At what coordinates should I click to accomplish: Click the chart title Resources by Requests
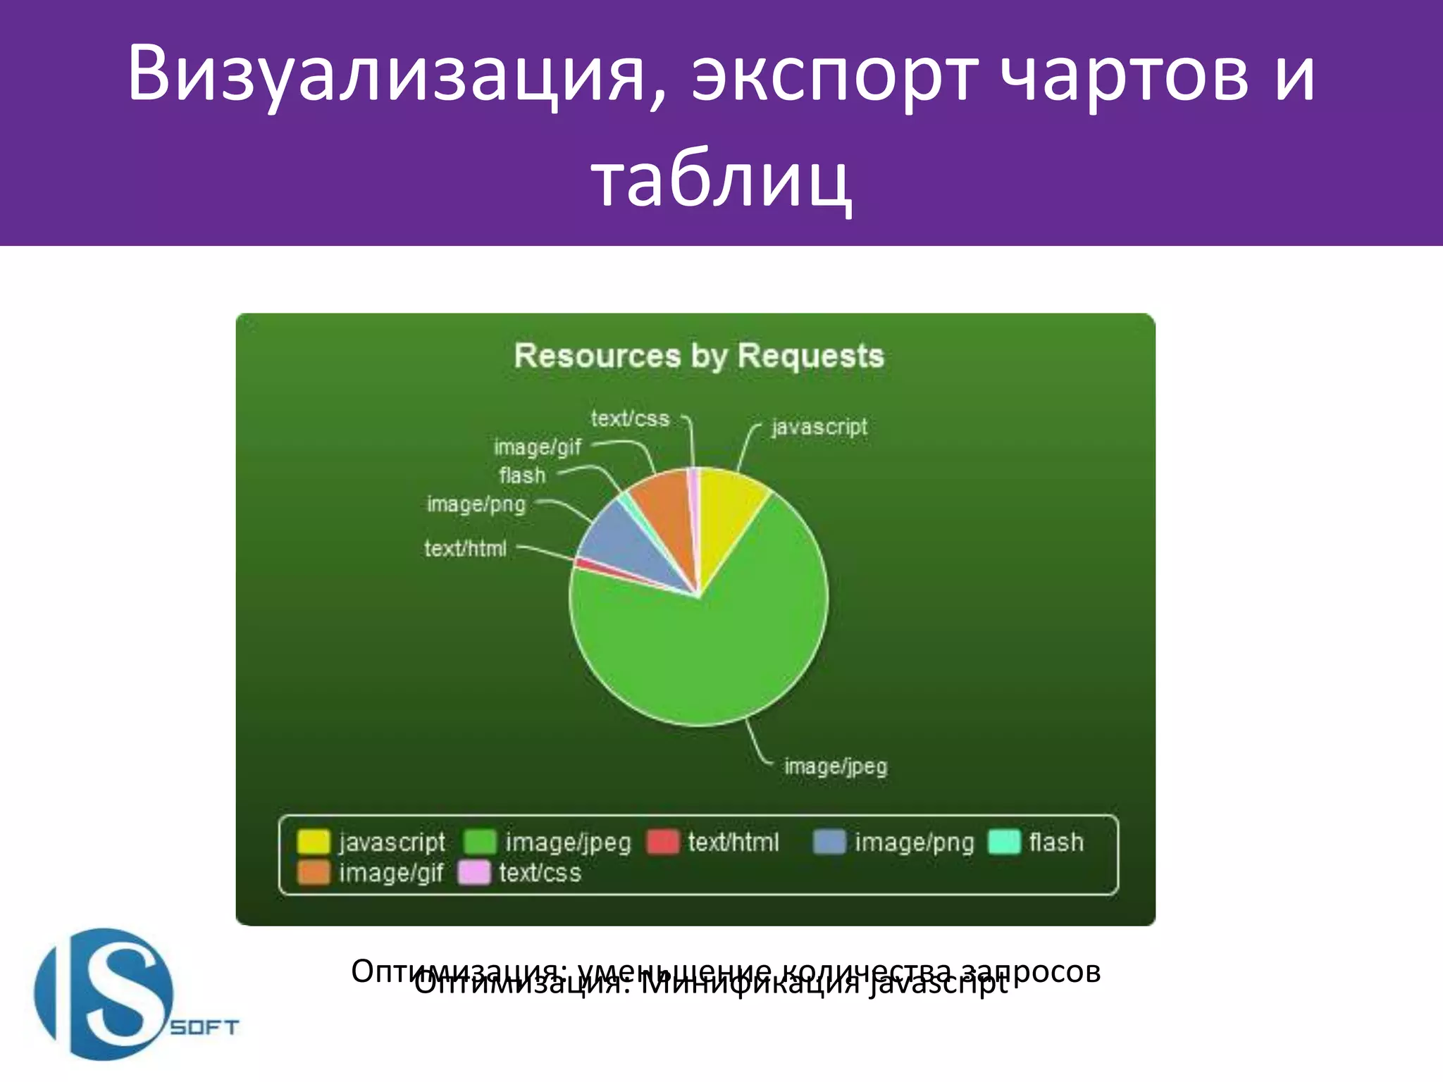[698, 356]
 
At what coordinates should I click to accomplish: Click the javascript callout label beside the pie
[819, 427]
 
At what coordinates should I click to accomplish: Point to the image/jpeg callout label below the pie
[836, 766]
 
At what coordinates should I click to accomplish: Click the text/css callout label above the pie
[629, 418]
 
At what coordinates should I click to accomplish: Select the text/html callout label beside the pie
[465, 548]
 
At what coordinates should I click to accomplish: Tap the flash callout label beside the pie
[522, 475]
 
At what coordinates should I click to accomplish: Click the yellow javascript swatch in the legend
[313, 842]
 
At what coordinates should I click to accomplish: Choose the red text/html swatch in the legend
[662, 842]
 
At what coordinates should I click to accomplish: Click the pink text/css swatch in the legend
[473, 873]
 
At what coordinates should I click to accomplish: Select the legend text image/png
[914, 842]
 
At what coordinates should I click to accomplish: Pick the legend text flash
[1055, 842]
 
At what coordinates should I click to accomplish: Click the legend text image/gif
[391, 873]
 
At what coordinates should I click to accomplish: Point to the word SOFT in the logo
[204, 1028]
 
